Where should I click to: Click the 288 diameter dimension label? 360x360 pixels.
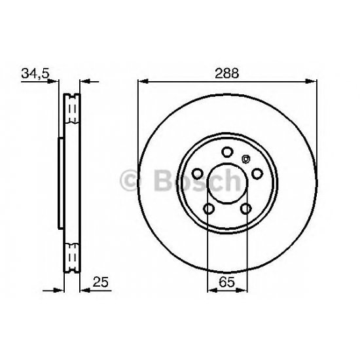pyautogui.click(x=227, y=73)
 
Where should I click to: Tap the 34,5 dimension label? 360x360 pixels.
pyautogui.click(x=35, y=73)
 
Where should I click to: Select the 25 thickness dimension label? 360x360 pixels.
pyautogui.click(x=100, y=282)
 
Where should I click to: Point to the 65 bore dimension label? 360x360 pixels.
pyautogui.click(x=227, y=282)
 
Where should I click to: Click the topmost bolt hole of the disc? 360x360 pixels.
pyautogui.click(x=227, y=152)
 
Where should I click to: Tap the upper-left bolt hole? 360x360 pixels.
pyautogui.click(x=197, y=174)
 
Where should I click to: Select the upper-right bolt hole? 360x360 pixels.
pyautogui.click(x=257, y=174)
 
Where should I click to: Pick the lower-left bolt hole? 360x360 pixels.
pyautogui.click(x=209, y=209)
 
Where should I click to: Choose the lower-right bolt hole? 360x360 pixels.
pyautogui.click(x=246, y=209)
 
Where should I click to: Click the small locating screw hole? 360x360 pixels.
pyautogui.click(x=246, y=159)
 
